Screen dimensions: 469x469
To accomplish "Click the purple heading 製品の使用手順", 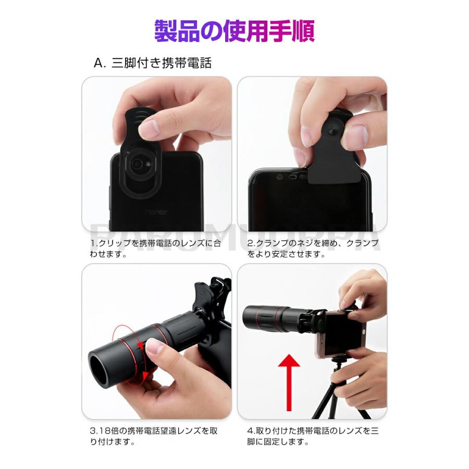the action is (x=234, y=31).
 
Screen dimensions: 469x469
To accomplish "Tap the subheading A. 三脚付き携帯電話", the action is (x=153, y=63).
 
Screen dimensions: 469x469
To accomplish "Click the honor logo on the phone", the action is (x=156, y=212).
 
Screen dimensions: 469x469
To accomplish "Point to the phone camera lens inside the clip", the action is (x=138, y=163).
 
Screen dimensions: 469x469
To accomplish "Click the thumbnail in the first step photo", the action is (x=152, y=128).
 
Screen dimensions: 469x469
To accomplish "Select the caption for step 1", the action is (x=155, y=249).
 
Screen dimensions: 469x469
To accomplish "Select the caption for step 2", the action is (x=313, y=249).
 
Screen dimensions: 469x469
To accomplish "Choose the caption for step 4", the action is (x=313, y=436).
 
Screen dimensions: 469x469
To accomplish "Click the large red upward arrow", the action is (x=289, y=382).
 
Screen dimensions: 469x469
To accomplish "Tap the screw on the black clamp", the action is (x=331, y=132).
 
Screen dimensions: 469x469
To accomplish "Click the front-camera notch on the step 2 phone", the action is (x=292, y=177).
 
